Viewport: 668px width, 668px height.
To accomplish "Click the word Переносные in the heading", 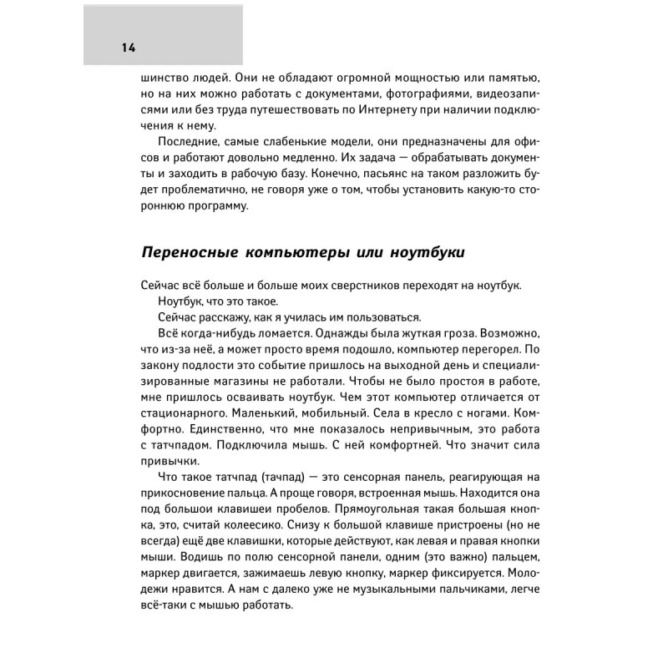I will pos(183,251).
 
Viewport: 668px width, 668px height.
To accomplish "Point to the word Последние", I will pos(187,141).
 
